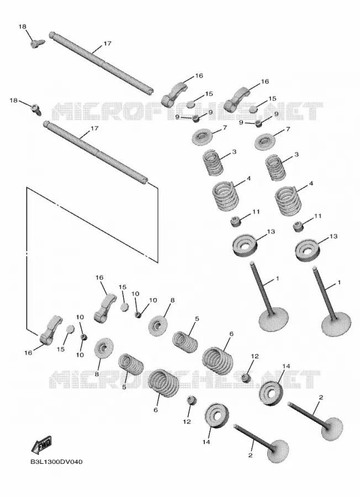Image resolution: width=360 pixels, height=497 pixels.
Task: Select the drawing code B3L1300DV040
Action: pyautogui.click(x=56, y=462)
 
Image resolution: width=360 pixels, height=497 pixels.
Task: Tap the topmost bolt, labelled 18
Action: pyautogui.click(x=36, y=43)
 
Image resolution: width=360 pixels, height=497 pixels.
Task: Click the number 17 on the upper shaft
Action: pyautogui.click(x=108, y=43)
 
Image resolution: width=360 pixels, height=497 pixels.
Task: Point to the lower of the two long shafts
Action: pyautogui.click(x=96, y=151)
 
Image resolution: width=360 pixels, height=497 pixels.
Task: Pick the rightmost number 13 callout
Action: pyautogui.click(x=333, y=236)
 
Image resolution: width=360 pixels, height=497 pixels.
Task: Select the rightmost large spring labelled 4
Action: pyautogui.click(x=288, y=200)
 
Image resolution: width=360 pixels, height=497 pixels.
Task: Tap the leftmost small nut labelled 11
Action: pyautogui.click(x=235, y=221)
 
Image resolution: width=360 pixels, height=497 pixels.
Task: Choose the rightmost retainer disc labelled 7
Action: pyautogui.click(x=264, y=141)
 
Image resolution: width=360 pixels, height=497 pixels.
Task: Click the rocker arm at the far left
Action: pyautogui.click(x=51, y=329)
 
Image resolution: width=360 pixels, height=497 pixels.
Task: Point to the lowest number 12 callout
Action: pyautogui.click(x=187, y=421)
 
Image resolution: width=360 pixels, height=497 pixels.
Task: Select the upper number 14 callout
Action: pyautogui.click(x=286, y=367)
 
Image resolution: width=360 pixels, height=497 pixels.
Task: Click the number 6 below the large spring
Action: pyautogui.click(x=156, y=410)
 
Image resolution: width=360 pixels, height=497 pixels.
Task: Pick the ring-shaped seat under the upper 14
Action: pyautogui.click(x=271, y=393)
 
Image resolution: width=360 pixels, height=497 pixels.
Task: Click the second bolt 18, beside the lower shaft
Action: pyautogui.click(x=35, y=109)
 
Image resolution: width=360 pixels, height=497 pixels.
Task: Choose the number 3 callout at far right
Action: pyautogui.click(x=297, y=155)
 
